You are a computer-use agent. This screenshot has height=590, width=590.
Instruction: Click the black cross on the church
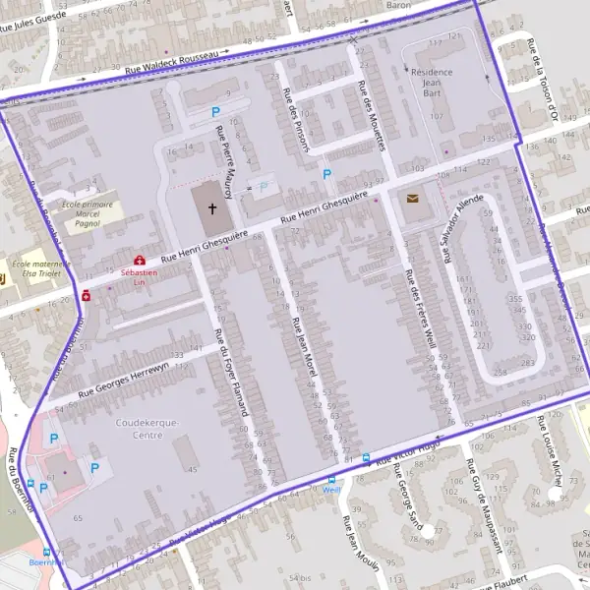[211, 208]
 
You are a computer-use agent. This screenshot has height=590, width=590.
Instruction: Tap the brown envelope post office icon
[411, 198]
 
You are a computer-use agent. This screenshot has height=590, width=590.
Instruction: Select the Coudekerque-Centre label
[147, 428]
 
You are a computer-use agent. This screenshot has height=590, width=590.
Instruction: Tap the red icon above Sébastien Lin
[139, 260]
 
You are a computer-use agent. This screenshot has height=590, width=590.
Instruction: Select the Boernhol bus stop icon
[47, 554]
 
